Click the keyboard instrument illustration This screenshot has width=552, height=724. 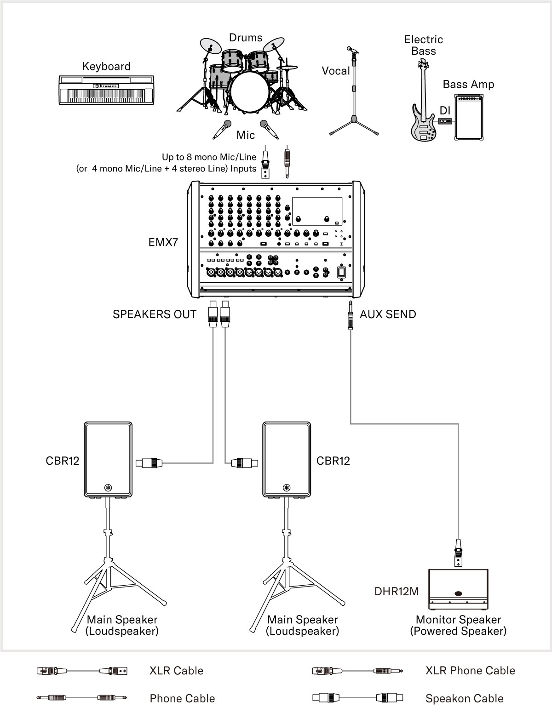pos(106,90)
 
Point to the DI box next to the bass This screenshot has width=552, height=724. pos(445,121)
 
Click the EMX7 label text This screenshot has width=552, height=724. pos(163,242)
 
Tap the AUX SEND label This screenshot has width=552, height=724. pos(388,314)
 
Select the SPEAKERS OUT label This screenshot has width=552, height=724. pos(155,314)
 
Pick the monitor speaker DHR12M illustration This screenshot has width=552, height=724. pos(458,587)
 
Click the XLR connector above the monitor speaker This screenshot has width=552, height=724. pos(458,553)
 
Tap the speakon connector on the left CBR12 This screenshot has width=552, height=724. pos(150,462)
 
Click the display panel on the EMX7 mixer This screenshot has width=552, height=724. pos(316,211)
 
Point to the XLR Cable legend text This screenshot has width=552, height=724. pos(176,671)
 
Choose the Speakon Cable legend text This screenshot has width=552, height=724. pos(464,699)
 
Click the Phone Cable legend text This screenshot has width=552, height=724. pos(182,699)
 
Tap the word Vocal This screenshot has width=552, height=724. pos(336,71)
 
